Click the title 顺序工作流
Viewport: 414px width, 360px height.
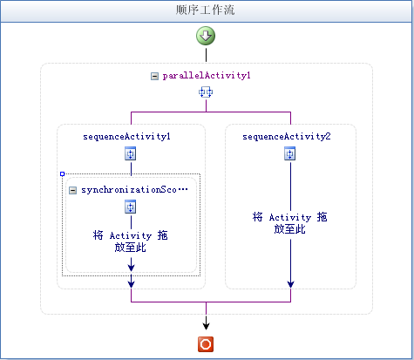205,10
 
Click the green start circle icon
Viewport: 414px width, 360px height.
206,36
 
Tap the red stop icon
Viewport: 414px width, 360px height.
206,344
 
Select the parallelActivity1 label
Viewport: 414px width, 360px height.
207,76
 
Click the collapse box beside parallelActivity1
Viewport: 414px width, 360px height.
154,77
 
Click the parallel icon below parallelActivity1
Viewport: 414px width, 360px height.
206,92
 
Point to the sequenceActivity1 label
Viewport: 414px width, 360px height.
126,137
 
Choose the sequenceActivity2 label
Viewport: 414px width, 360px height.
287,137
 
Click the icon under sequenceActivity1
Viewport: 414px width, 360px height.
131,153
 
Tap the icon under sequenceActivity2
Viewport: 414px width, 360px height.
290,153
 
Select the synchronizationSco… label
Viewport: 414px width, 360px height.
134,190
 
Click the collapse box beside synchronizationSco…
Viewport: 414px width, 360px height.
72,190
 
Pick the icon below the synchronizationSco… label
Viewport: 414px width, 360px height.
131,207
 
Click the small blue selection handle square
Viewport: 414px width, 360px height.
62,174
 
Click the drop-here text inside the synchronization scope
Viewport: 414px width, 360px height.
131,241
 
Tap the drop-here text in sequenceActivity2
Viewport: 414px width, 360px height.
290,223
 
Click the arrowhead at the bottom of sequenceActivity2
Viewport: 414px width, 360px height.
290,284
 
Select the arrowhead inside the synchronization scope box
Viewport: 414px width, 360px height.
131,267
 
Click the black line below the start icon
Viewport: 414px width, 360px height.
206,55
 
